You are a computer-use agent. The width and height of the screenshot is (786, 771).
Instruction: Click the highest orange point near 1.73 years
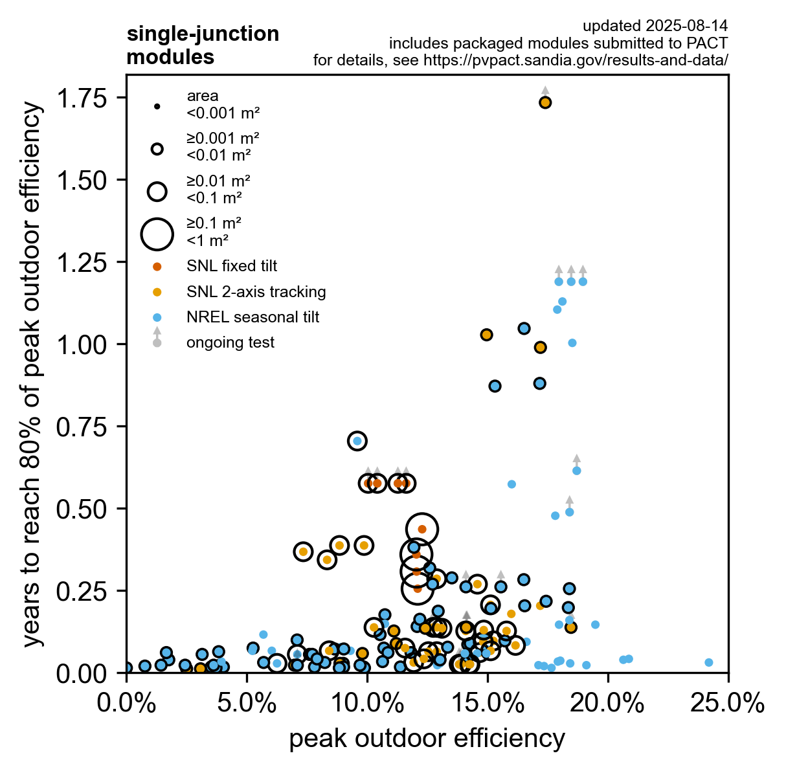545,102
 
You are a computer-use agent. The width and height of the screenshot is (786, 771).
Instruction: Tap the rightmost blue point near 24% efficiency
708,662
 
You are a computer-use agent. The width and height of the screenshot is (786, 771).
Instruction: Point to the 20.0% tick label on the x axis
608,704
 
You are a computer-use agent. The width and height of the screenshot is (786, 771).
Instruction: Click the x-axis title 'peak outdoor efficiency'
427,739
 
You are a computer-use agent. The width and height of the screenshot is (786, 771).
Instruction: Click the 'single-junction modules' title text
203,45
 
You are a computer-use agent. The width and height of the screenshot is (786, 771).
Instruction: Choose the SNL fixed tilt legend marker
157,266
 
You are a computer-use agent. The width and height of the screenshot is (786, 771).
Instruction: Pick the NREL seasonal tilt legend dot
157,317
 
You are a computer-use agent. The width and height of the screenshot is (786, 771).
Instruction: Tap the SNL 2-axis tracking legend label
256,292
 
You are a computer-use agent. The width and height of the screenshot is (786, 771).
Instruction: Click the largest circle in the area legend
157,234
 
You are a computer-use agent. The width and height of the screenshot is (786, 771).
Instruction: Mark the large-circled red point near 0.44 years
422,529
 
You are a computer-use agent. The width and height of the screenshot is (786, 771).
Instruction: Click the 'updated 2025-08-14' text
655,26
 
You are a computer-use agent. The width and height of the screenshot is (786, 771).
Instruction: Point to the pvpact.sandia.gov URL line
521,60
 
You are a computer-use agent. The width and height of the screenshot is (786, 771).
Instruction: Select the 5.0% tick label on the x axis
247,704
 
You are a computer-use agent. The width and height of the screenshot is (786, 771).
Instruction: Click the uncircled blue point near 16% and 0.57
511,484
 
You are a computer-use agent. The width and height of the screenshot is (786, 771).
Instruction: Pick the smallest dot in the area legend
157,106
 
